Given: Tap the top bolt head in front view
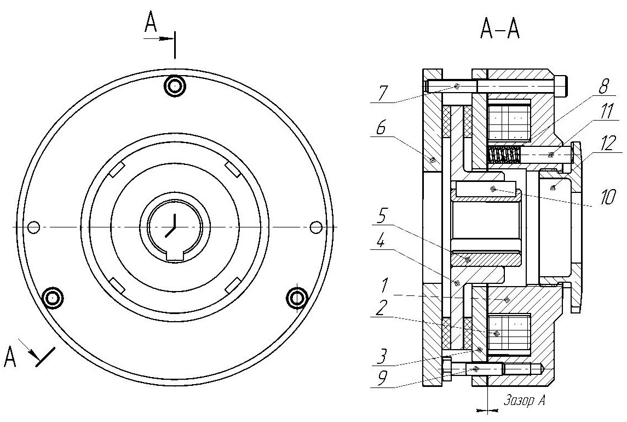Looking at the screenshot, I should click(x=175, y=85).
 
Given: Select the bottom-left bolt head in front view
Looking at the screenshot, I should click(x=53, y=298).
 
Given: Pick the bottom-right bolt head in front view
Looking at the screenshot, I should click(x=297, y=298).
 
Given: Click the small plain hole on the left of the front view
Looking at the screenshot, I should click(x=34, y=226).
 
